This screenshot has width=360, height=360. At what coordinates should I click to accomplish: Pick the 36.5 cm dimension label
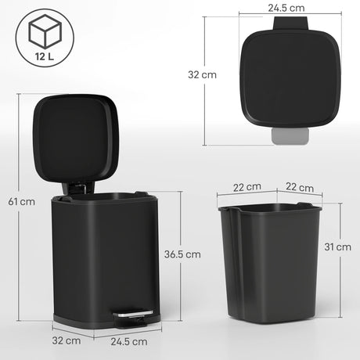[182, 254]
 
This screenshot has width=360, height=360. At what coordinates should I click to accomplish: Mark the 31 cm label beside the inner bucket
[338, 247]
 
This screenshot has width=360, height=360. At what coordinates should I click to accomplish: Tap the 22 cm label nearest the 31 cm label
[300, 188]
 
